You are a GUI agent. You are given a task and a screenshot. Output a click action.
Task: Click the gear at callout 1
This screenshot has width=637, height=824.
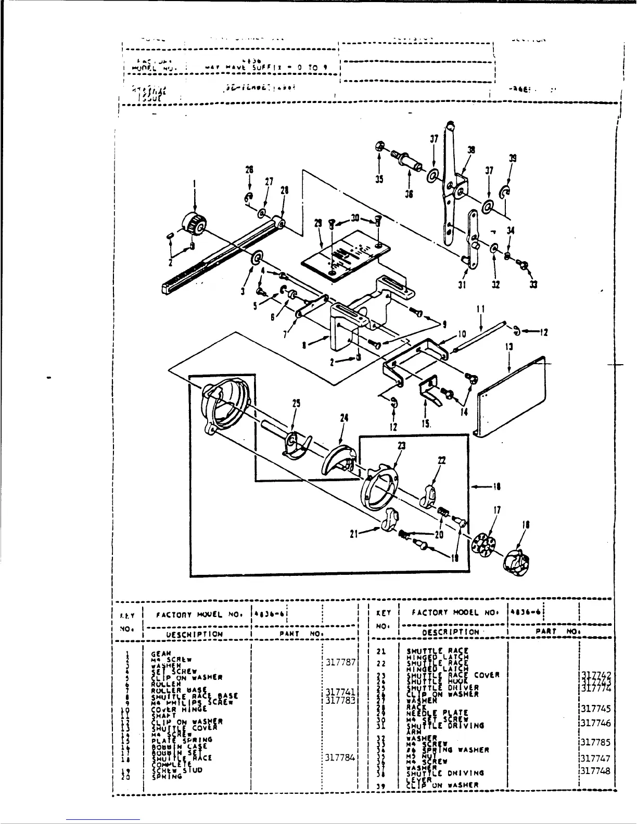[192, 224]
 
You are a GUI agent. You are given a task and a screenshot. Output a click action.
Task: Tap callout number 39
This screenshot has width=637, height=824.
[513, 160]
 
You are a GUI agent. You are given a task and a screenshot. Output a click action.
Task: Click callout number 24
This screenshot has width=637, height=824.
[344, 418]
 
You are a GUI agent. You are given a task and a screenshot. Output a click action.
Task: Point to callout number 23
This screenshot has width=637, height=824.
[402, 446]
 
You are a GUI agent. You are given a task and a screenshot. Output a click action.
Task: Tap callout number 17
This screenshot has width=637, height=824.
[498, 511]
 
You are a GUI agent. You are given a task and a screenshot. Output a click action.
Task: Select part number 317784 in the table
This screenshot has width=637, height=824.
[340, 758]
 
